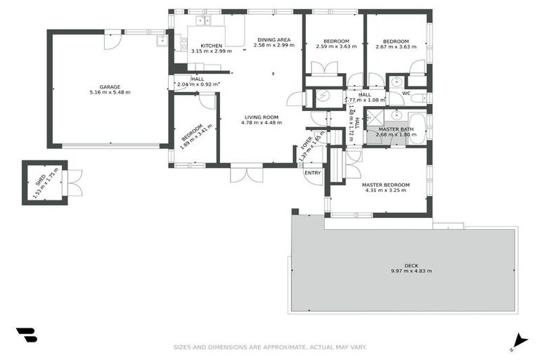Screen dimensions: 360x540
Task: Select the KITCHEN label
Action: (x=201, y=46)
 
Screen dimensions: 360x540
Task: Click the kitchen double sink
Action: (x=203, y=20)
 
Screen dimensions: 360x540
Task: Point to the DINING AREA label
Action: (x=274, y=39)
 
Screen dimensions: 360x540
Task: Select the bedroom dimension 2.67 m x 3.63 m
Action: (x=397, y=46)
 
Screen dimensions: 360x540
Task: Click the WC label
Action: (x=406, y=94)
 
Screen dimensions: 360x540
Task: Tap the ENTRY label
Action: (x=312, y=172)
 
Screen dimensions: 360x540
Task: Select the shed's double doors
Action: (x=75, y=183)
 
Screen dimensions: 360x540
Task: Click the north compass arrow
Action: (x=520, y=340)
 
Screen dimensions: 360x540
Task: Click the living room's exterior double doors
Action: (x=247, y=172)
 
